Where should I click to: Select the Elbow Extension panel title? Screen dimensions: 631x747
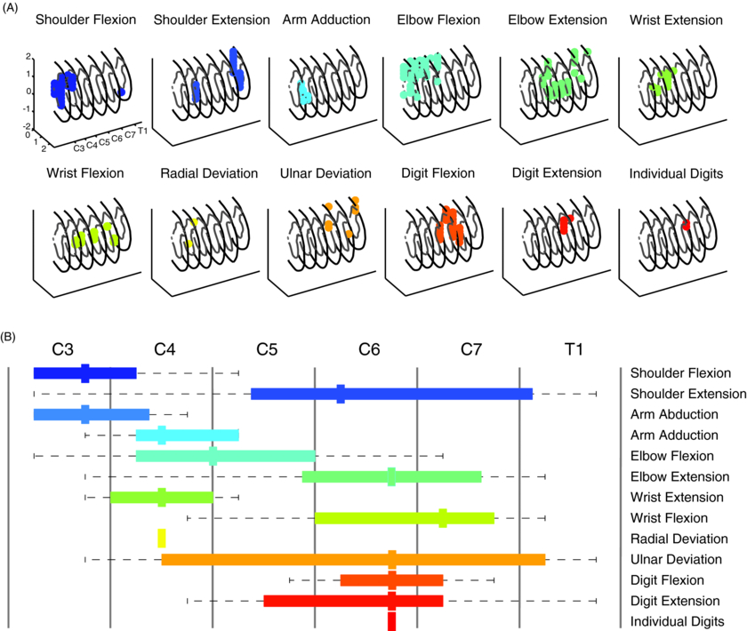tap(558, 20)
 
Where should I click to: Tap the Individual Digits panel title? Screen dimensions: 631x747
tap(678, 173)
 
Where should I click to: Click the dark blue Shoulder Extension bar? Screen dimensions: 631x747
tap(391, 394)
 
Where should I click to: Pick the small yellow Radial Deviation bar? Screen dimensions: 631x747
tap(162, 538)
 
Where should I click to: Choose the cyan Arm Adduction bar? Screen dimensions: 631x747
tap(187, 435)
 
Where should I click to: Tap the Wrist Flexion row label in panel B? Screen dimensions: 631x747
tap(669, 518)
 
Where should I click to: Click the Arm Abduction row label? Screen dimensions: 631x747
tap(673, 414)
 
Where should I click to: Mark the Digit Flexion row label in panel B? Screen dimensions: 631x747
tap(668, 580)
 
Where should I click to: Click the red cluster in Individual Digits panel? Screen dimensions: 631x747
tap(686, 227)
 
